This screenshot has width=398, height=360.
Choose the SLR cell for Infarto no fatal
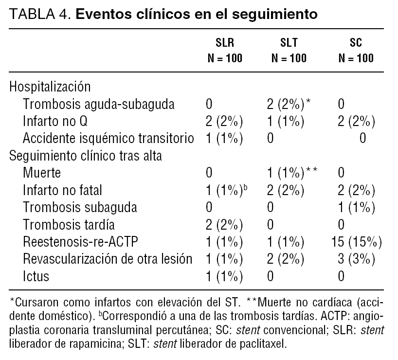tap(226, 190)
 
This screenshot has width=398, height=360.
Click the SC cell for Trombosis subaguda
tap(356, 207)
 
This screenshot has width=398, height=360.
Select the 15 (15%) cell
tap(356, 242)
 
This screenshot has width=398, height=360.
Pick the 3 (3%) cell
tap(356, 259)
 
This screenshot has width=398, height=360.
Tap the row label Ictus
tap(36, 276)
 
